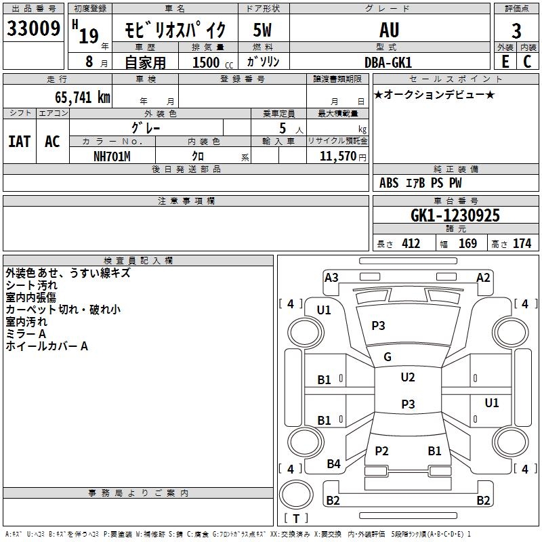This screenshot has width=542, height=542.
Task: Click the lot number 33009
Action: click(33, 28)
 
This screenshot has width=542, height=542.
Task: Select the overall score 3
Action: click(516, 31)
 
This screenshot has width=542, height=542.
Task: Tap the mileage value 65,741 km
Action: click(83, 98)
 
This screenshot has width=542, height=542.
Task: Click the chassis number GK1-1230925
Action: click(455, 215)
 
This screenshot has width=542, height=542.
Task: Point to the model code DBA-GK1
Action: click(388, 62)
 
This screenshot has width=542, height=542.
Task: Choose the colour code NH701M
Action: click(112, 157)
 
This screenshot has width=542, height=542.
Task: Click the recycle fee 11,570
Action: click(337, 157)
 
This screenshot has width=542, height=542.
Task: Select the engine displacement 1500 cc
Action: click(213, 62)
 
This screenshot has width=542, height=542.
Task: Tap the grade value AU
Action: click(389, 30)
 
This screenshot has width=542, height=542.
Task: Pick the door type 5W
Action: click(262, 30)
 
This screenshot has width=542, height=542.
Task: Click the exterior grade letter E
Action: click(505, 62)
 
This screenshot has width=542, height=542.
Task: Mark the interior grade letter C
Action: click(527, 62)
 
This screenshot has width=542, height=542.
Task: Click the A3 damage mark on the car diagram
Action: click(331, 278)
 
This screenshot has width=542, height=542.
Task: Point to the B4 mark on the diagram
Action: click(333, 464)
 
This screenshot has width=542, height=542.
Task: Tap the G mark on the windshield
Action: click(388, 357)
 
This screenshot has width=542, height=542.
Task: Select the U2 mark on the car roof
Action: click(408, 377)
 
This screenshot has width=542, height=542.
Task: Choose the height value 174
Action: click(522, 244)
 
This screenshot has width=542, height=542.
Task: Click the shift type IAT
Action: click(20, 142)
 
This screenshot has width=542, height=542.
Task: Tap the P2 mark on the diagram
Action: click(381, 451)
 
